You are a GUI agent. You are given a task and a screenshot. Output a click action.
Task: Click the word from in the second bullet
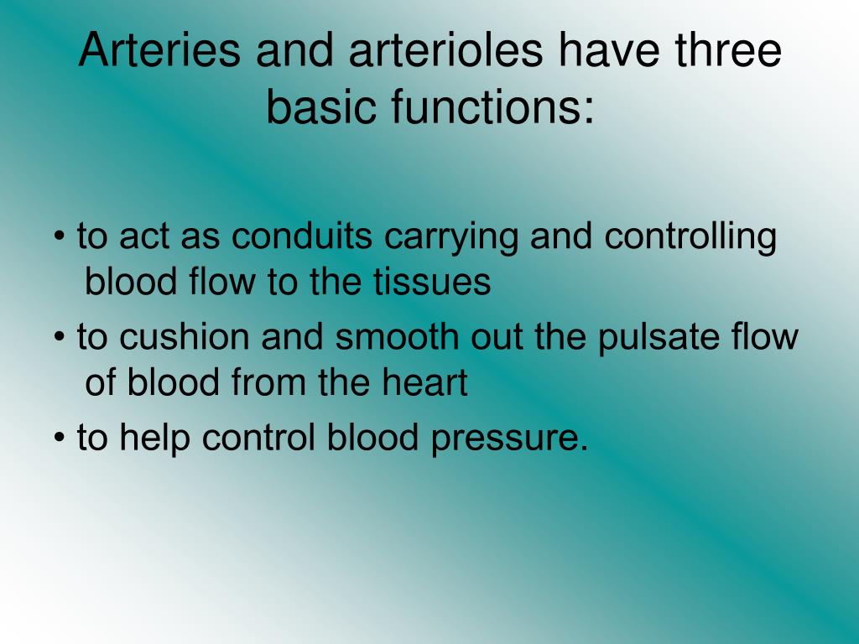(279, 383)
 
